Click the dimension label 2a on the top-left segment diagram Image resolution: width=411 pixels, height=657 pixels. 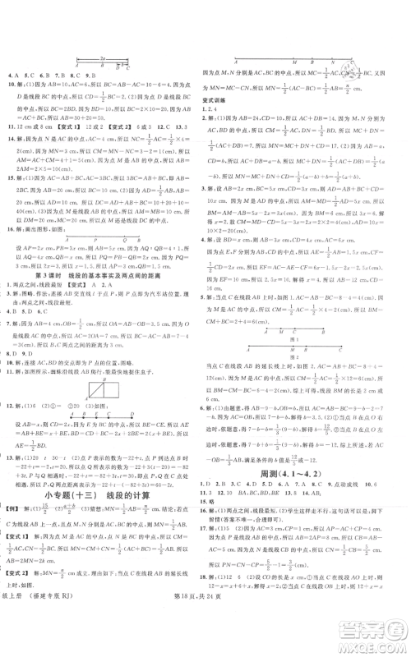tap(102, 57)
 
